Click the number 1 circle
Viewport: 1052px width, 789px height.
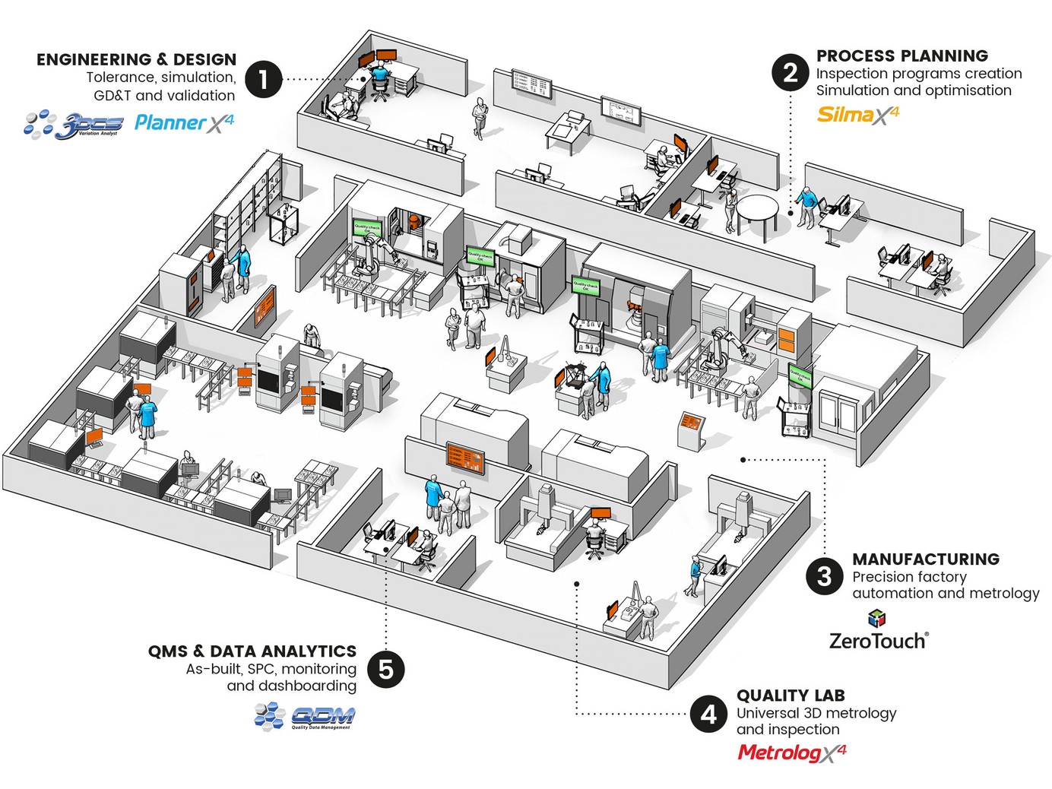[x=264, y=79]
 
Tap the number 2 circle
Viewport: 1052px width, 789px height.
[x=791, y=73]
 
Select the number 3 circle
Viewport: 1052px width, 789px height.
[x=825, y=576]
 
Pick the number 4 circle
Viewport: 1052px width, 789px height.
[x=708, y=715]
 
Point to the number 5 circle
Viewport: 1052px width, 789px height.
[x=386, y=670]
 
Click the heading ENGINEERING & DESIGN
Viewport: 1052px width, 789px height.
[x=136, y=59]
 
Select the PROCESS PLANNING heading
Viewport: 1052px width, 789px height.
[x=902, y=55]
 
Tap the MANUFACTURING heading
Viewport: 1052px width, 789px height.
[x=926, y=559]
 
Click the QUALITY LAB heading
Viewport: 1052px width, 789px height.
[x=791, y=695]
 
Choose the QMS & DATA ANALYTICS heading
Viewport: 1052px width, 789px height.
[x=252, y=651]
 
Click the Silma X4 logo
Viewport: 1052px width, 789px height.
[x=858, y=115]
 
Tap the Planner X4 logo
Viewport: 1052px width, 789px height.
[x=184, y=122]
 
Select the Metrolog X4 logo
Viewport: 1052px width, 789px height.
[x=791, y=753]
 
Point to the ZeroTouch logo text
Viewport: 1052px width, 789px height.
[x=878, y=641]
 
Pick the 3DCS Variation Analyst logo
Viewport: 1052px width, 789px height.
[x=74, y=125]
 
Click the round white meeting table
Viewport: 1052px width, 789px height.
[x=757, y=207]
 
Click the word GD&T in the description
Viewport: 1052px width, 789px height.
[x=112, y=96]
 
